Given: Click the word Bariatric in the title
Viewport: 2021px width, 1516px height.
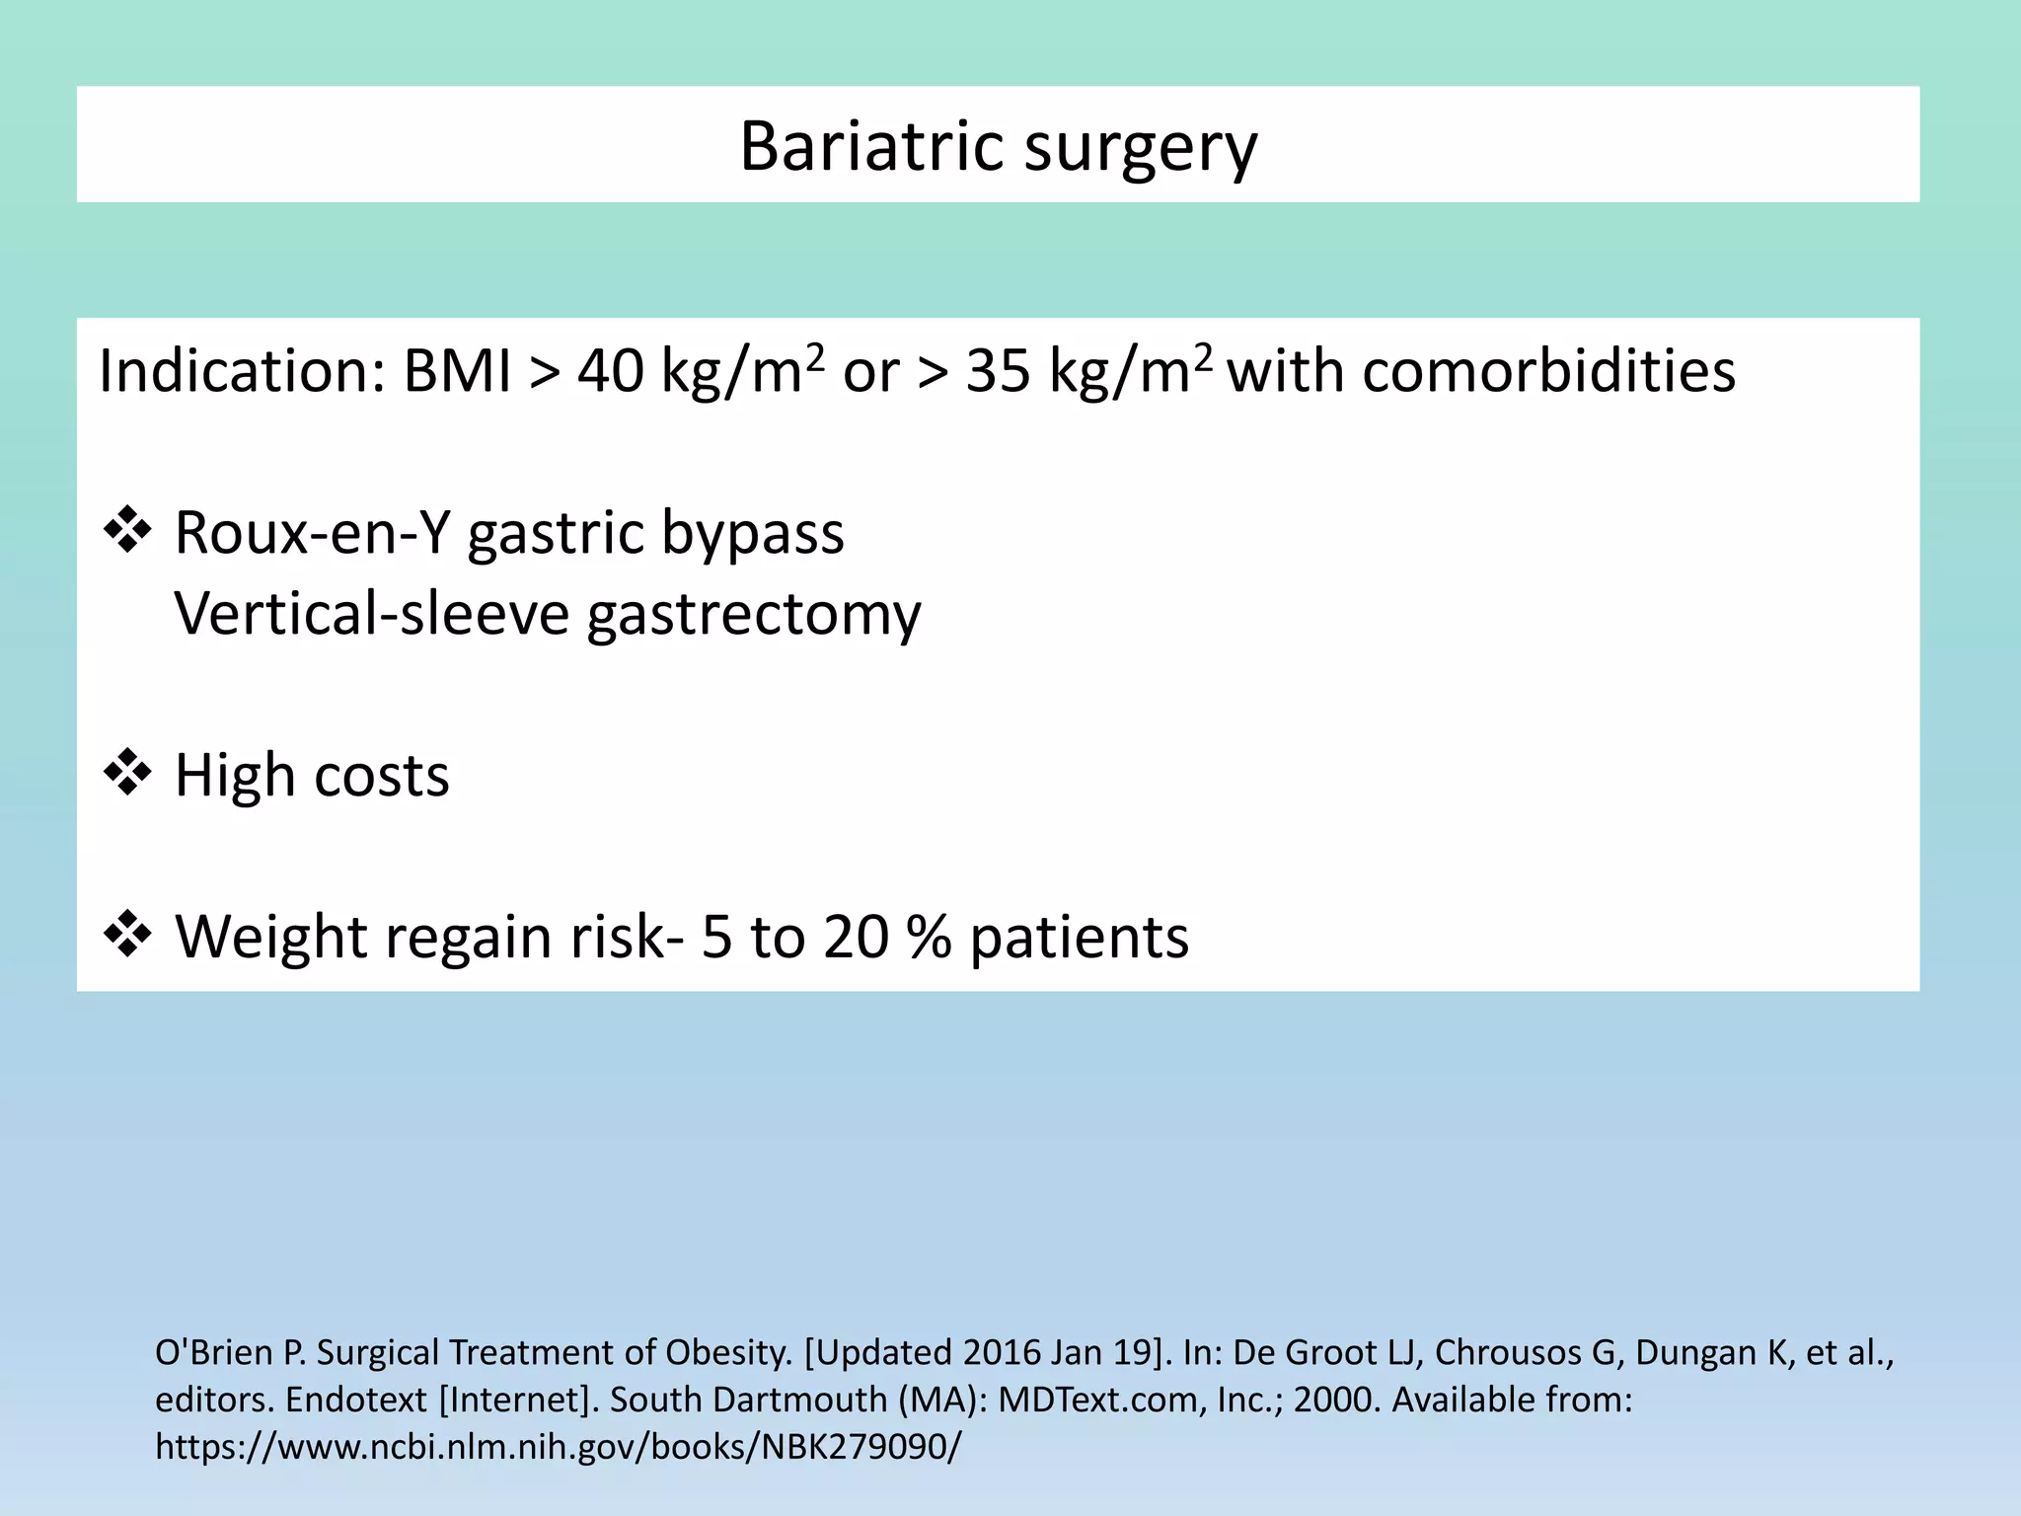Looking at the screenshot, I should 869,146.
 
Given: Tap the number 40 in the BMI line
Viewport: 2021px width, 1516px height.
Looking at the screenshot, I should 610,372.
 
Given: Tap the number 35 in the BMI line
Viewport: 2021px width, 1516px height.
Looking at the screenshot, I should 998,372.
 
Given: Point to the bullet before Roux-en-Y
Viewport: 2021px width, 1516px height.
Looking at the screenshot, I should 127,532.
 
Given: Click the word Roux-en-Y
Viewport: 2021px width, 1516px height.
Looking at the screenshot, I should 312,533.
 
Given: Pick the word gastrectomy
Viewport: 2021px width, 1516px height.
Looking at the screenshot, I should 754,615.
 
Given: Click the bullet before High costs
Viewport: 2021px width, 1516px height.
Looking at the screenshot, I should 127,773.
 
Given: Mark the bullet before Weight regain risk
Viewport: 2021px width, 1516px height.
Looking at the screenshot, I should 127,935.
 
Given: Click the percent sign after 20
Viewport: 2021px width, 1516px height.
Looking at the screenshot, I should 929,937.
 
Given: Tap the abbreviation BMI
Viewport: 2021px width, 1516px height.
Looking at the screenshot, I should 457,372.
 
